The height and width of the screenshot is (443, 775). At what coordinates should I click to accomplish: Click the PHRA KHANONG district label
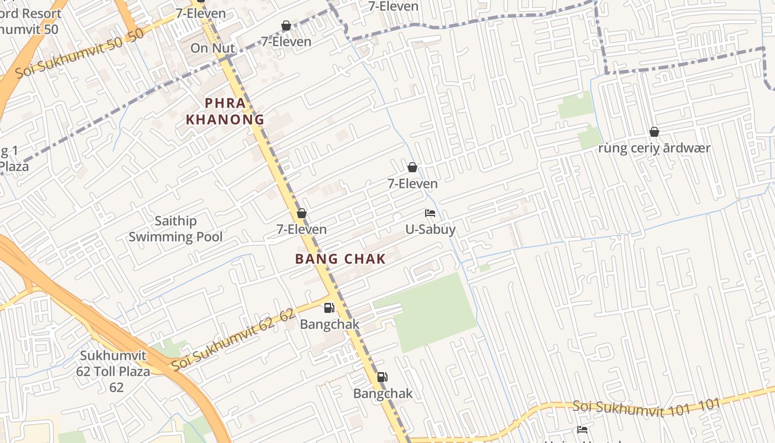(225, 111)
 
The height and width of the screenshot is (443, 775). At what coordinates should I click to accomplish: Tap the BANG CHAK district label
(340, 259)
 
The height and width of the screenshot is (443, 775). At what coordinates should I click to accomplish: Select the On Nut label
(213, 48)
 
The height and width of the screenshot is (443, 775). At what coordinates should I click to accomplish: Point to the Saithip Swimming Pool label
(175, 229)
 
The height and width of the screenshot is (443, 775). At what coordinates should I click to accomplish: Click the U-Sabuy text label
(430, 229)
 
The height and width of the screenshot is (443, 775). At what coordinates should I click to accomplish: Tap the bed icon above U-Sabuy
(430, 213)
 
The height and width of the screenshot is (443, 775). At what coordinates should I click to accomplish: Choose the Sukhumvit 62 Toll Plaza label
(113, 371)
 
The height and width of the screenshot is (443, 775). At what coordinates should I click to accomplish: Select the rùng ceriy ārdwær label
(654, 148)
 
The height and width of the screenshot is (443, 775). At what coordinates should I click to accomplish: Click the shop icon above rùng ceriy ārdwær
(654, 132)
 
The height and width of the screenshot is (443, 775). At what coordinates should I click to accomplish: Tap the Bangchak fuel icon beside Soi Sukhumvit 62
(329, 308)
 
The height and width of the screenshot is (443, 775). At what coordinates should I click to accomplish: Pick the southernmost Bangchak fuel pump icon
(382, 377)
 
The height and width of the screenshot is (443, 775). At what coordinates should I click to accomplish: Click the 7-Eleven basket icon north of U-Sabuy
(412, 167)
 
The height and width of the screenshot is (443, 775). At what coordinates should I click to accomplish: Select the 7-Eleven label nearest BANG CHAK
(302, 229)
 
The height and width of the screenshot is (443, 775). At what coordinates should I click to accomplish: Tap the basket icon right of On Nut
(286, 25)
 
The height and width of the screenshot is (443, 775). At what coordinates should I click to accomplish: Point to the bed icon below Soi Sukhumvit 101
(582, 429)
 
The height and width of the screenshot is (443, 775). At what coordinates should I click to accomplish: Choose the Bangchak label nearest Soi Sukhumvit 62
(329, 324)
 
